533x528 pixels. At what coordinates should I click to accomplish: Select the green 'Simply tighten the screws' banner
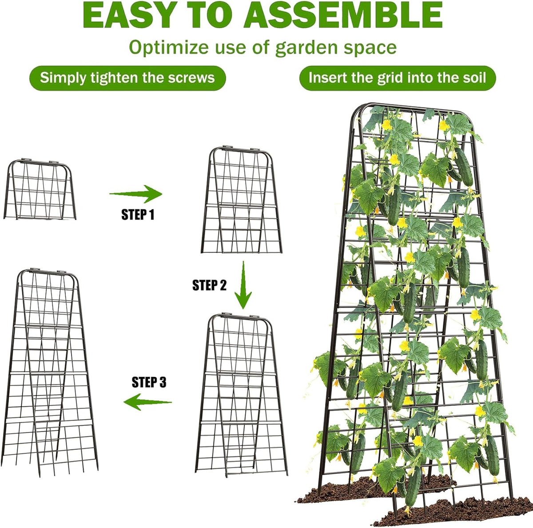click(x=127, y=78)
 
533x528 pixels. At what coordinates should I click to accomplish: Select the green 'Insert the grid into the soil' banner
click(x=398, y=78)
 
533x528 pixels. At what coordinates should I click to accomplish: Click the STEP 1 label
click(x=138, y=215)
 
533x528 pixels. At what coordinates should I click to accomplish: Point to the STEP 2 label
click(x=209, y=285)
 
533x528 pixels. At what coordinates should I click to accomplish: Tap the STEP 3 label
click(x=149, y=382)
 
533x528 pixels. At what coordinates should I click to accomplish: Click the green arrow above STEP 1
click(x=136, y=194)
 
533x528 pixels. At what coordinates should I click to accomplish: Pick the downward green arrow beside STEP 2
click(x=243, y=285)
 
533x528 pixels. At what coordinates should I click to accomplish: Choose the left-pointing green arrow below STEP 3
click(x=147, y=402)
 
